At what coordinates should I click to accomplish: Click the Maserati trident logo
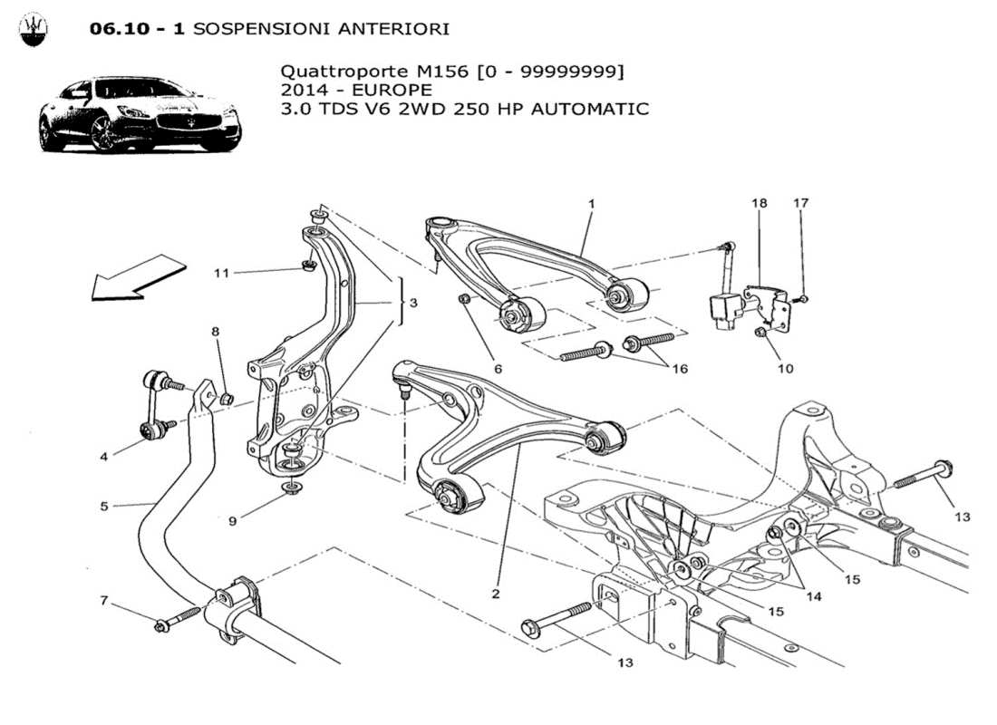coord(34,29)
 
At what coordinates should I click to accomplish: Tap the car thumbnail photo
coord(139,114)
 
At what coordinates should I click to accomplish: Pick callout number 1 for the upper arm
coord(591,205)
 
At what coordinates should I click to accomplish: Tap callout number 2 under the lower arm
coord(496,594)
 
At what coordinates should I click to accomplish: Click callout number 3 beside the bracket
coord(413,303)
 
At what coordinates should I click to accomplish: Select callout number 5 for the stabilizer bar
coord(104,506)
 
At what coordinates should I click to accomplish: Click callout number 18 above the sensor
coord(759,203)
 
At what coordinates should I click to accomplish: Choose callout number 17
coord(801,203)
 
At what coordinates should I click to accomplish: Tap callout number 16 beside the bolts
coord(678,369)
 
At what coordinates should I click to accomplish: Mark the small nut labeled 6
coord(464,299)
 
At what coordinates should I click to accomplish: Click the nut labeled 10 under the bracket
coord(761,334)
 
